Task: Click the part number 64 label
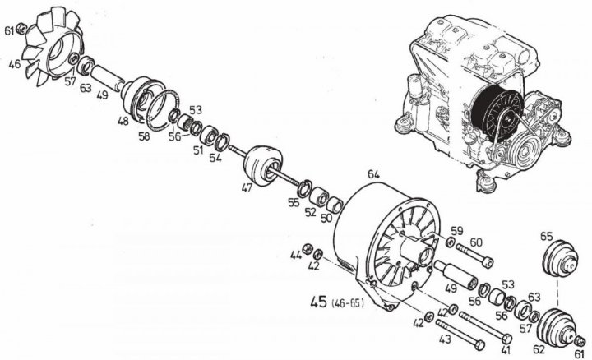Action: [x=373, y=174]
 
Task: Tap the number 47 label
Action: [x=247, y=187]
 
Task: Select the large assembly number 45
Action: [x=318, y=302]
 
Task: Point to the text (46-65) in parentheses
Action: [x=348, y=303]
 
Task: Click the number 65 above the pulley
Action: [x=547, y=236]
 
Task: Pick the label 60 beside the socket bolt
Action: [x=476, y=242]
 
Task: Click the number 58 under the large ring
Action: [x=144, y=136]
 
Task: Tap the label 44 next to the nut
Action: [x=296, y=256]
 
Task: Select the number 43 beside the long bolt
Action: [x=445, y=339]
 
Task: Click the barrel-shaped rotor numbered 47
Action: [x=262, y=165]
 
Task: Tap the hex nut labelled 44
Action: [x=308, y=248]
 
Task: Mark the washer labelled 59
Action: [x=449, y=242]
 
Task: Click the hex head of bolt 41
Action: [x=507, y=338]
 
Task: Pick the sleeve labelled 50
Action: [x=335, y=204]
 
